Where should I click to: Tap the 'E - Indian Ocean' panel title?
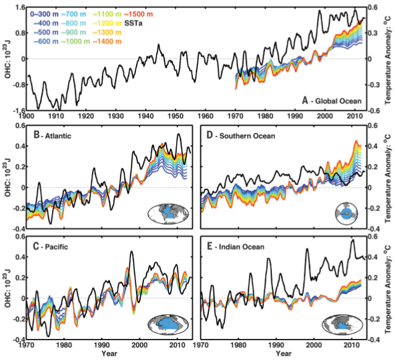coord(238,246)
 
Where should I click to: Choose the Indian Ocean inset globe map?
coord(343,324)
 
